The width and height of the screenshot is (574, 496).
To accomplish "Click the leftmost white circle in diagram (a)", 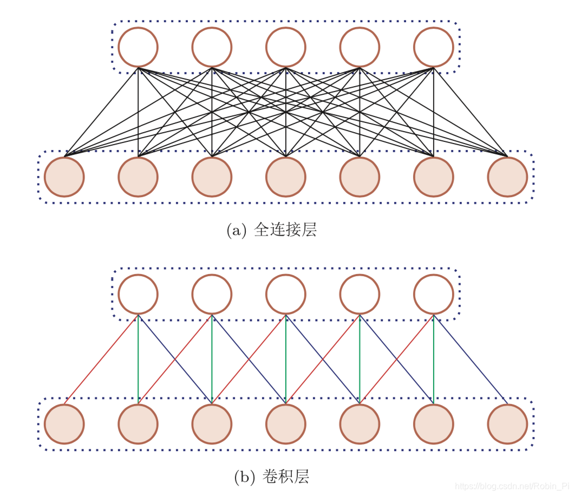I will pyautogui.click(x=138, y=47).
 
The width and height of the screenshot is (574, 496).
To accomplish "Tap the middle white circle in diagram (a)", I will pyautogui.click(x=285, y=47).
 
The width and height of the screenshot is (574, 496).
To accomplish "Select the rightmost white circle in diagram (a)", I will pyautogui.click(x=433, y=47).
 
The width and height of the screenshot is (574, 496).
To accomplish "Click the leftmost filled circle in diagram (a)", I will pyautogui.click(x=64, y=177).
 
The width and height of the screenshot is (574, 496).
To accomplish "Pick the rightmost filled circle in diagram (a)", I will pyautogui.click(x=507, y=177).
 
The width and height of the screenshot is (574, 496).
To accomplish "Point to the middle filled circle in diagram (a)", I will pyautogui.click(x=285, y=177).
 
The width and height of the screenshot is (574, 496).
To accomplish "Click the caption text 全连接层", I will pyautogui.click(x=285, y=230).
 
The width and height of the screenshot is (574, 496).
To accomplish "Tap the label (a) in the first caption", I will pyautogui.click(x=237, y=231).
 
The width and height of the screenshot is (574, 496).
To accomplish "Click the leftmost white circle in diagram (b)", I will pyautogui.click(x=138, y=294).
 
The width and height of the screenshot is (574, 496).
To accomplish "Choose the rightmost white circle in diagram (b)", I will pyautogui.click(x=433, y=294).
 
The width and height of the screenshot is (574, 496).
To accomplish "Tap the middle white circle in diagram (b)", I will pyautogui.click(x=285, y=294).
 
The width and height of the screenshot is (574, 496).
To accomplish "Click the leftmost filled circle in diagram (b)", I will pyautogui.click(x=64, y=424).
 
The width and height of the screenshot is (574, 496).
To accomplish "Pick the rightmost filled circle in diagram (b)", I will pyautogui.click(x=507, y=424).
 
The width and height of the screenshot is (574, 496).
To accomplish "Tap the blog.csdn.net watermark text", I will pyautogui.click(x=512, y=486).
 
